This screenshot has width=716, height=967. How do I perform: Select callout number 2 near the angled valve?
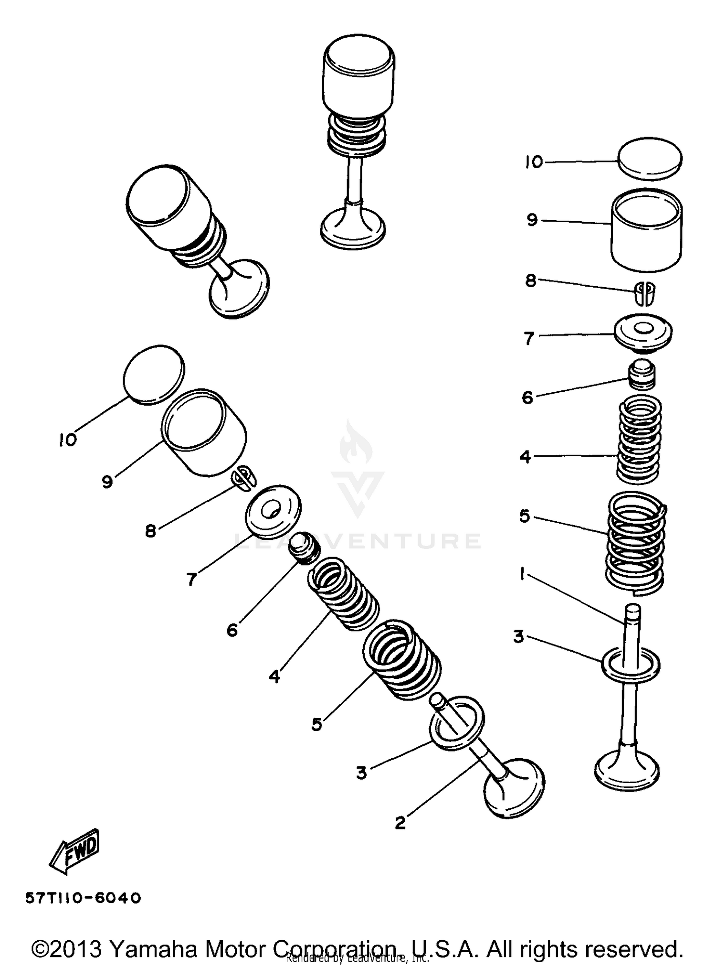400,823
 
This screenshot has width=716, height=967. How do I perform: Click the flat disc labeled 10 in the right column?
650,159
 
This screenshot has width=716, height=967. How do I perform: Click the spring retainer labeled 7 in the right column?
642,331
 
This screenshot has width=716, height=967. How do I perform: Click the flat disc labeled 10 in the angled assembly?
153,375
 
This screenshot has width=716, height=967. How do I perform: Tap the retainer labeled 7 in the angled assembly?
274,511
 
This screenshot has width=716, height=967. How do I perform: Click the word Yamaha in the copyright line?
153,948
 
